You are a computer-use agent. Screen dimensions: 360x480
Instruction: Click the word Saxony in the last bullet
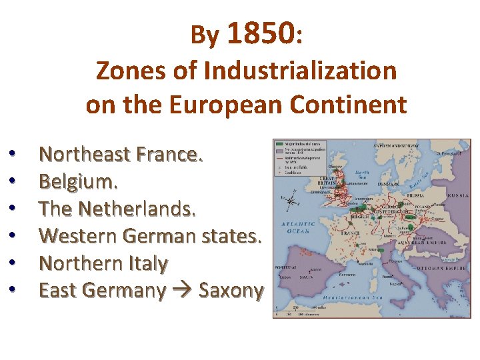[x=231, y=290]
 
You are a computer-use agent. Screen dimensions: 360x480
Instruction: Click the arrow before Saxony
[x=182, y=291]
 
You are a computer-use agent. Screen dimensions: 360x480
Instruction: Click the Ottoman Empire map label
[x=440, y=269]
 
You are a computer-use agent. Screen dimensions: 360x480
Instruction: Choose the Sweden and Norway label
[x=397, y=144]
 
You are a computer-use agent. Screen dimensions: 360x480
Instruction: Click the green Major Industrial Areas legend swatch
[x=278, y=143]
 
